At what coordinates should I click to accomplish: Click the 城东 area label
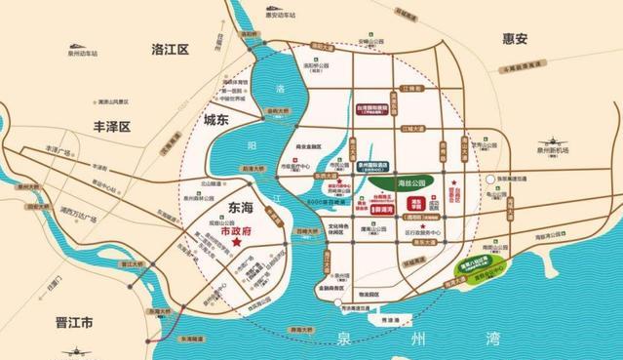(x=221, y=120)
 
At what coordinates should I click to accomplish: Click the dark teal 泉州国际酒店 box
(x=371, y=166)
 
